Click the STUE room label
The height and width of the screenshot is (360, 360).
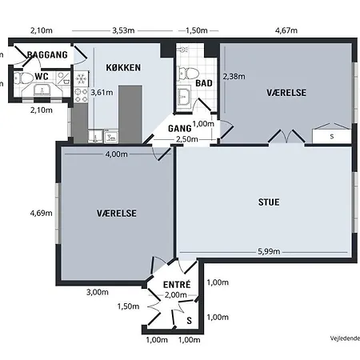click(269, 202)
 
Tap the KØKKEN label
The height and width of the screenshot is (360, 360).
click(123, 67)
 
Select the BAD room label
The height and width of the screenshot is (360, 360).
click(204, 83)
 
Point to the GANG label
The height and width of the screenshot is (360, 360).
click(179, 129)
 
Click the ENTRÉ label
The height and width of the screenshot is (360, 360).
click(177, 285)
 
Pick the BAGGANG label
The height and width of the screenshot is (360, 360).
click(47, 54)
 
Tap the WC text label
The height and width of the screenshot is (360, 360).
click(42, 77)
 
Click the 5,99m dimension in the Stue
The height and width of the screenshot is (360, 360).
click(269, 251)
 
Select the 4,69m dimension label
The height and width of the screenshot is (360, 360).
click(41, 213)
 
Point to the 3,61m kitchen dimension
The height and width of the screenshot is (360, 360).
click(102, 93)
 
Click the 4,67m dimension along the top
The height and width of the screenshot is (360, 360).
click(286, 30)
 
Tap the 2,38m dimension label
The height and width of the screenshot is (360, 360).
click(234, 77)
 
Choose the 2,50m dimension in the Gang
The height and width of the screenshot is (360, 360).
click(187, 139)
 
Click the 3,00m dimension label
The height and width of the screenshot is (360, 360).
click(98, 292)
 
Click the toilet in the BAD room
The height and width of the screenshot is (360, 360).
click(189, 73)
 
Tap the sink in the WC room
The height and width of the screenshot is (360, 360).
click(42, 90)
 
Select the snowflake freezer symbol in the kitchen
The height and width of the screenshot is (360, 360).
click(81, 79)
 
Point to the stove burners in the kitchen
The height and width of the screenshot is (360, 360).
click(81, 95)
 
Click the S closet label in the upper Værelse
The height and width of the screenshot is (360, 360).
click(332, 136)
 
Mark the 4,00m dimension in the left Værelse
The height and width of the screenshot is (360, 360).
click(116, 154)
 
